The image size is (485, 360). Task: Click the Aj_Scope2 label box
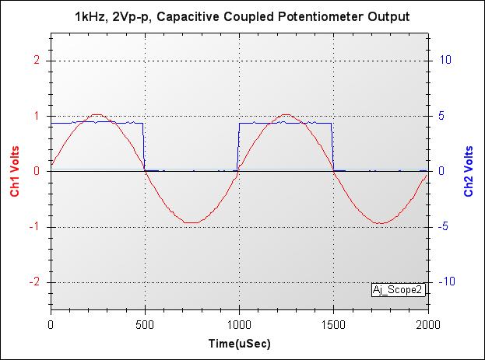point(399,290)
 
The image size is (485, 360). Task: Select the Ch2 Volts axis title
point(469,171)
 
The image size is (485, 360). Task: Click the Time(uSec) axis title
point(240,342)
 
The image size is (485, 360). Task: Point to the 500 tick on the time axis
point(146,323)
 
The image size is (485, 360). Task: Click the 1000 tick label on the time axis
point(240,323)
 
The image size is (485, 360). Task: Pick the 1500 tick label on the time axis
point(334,323)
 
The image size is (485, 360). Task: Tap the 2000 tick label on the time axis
point(428,323)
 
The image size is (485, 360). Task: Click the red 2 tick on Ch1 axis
point(37,60)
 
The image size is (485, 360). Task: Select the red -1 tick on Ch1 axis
point(35,227)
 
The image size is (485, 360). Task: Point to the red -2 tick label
point(35,282)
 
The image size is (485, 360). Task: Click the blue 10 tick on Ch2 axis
point(447,60)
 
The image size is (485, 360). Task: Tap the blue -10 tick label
point(448,282)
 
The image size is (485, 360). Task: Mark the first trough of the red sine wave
point(192,222)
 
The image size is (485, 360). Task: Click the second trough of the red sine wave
point(381,223)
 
